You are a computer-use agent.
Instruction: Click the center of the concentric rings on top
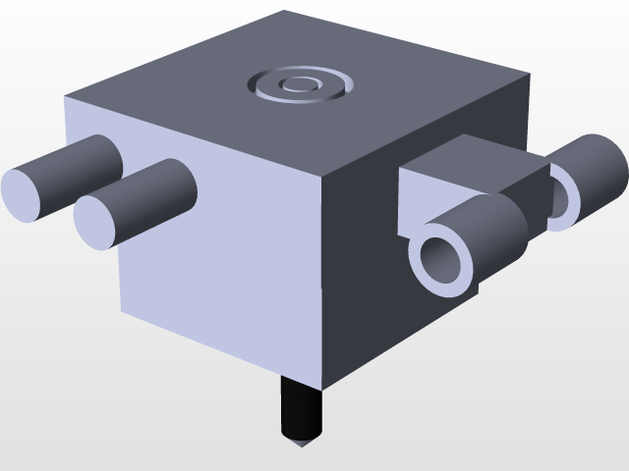pos(298,84)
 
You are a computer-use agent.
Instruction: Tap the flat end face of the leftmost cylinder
pos(27,194)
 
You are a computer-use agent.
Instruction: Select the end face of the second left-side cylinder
pos(101,222)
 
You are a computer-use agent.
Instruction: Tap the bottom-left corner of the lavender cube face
pos(121,313)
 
